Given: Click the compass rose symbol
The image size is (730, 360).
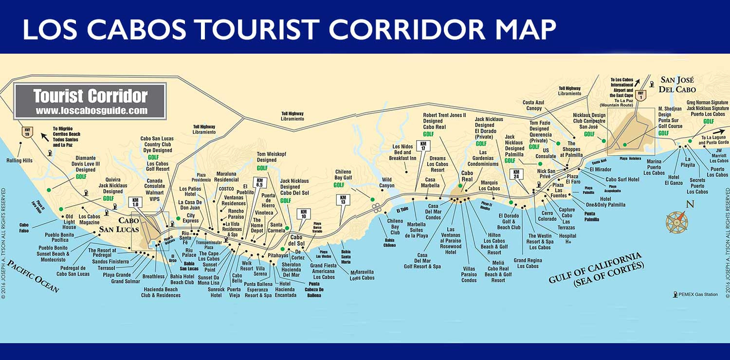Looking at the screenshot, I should point(677,221).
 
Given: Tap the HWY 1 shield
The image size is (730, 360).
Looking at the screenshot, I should point(641,96).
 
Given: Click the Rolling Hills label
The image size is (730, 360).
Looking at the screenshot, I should point(19,161).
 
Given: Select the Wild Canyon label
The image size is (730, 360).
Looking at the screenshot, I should point(387,182).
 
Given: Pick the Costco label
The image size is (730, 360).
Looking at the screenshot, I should point(226,188).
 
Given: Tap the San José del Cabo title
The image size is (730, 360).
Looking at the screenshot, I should point(677,85).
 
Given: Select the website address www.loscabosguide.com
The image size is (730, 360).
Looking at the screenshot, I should point(91,110).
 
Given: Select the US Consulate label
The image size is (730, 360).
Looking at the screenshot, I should point(546,154).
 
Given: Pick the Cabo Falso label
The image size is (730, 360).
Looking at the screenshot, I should point(24,228).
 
